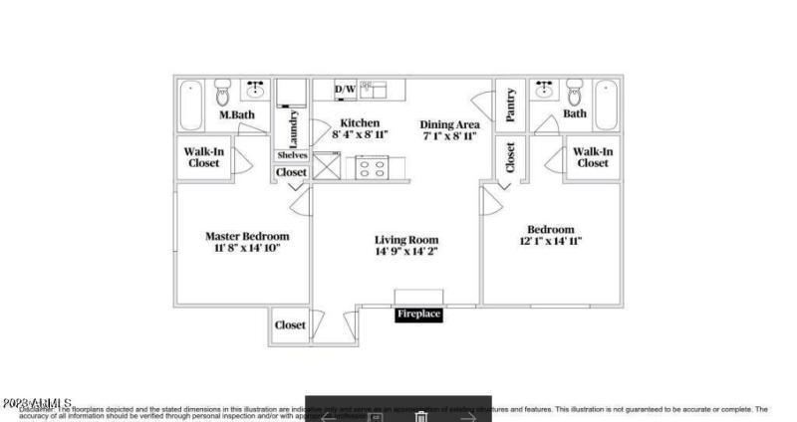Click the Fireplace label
[x=418, y=315]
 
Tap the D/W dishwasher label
[x=345, y=91]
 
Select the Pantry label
[x=510, y=105]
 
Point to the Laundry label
[x=294, y=128]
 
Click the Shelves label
[x=291, y=155]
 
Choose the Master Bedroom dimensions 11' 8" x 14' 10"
[x=248, y=248]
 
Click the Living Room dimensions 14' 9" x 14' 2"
[x=406, y=253]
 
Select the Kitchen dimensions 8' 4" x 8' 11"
[x=360, y=134]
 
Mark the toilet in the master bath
[x=223, y=96]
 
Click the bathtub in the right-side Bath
[x=606, y=103]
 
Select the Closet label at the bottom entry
[x=290, y=324]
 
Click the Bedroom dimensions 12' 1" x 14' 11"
[x=550, y=241]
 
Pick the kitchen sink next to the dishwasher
[x=373, y=90]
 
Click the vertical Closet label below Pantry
[x=510, y=157]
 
